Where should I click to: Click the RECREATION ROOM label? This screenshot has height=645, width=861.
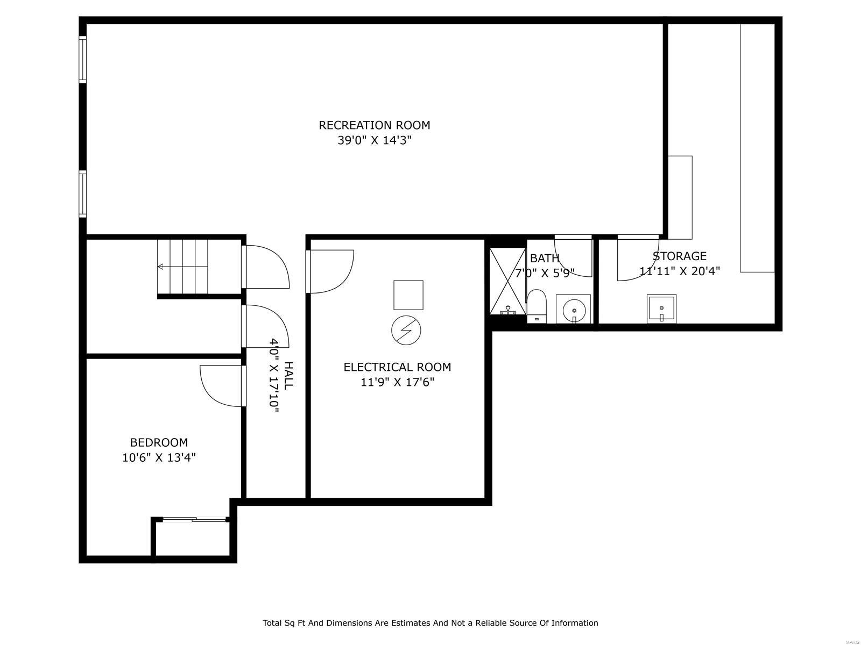click(x=374, y=125)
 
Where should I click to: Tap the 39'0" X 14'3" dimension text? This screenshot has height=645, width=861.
click(x=374, y=141)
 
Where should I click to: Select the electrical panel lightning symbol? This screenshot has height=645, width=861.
click(x=406, y=330)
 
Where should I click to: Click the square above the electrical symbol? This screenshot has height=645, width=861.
click(x=408, y=295)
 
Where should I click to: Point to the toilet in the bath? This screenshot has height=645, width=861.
click(x=536, y=306)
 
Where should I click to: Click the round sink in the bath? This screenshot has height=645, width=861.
click(x=573, y=310)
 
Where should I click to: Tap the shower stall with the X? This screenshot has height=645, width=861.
click(x=507, y=281)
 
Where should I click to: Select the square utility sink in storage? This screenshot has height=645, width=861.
click(x=661, y=309)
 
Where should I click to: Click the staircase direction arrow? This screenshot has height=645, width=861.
click(x=160, y=267)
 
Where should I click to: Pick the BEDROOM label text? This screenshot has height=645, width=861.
click(x=159, y=442)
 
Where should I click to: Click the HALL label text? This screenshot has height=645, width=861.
click(x=289, y=375)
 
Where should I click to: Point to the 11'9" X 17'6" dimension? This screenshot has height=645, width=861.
click(x=397, y=382)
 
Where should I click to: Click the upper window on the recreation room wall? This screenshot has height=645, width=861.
click(x=82, y=59)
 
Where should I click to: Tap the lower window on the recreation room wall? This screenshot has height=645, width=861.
click(x=82, y=193)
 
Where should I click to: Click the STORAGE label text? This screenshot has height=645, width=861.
click(x=679, y=256)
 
